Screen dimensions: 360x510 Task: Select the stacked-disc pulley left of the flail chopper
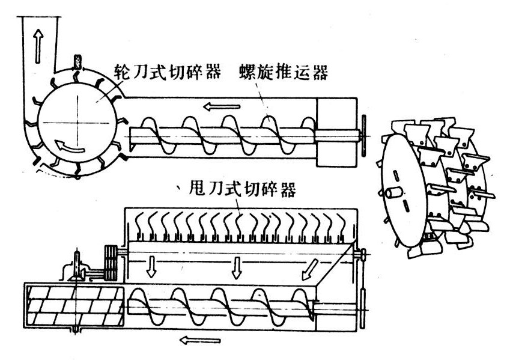click(111, 262)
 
